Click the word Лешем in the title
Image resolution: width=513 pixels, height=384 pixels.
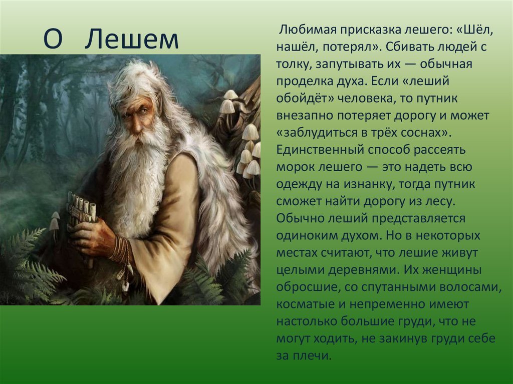coord(132,39)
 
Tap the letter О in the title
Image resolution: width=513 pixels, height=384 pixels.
coord(53,39)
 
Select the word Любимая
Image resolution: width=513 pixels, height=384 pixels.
coord(307,30)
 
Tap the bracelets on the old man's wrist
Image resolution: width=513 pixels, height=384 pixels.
coord(122,250)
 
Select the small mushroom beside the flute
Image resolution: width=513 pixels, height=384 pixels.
coord(54,222)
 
